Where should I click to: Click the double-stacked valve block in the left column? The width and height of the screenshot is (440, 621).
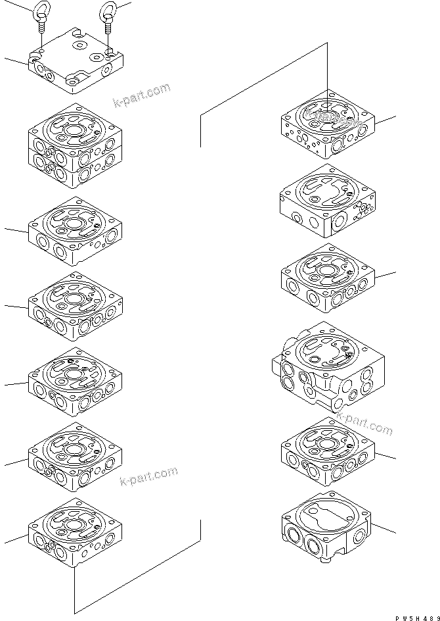click(75, 147)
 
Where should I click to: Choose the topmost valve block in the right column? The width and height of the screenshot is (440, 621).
click(328, 125)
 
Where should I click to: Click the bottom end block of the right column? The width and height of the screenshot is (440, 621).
click(328, 526)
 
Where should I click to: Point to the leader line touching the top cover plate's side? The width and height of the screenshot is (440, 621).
click(16, 61)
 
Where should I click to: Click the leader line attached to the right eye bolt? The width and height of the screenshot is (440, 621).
click(123, 6)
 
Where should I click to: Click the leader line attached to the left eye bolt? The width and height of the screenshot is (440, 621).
click(20, 6)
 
